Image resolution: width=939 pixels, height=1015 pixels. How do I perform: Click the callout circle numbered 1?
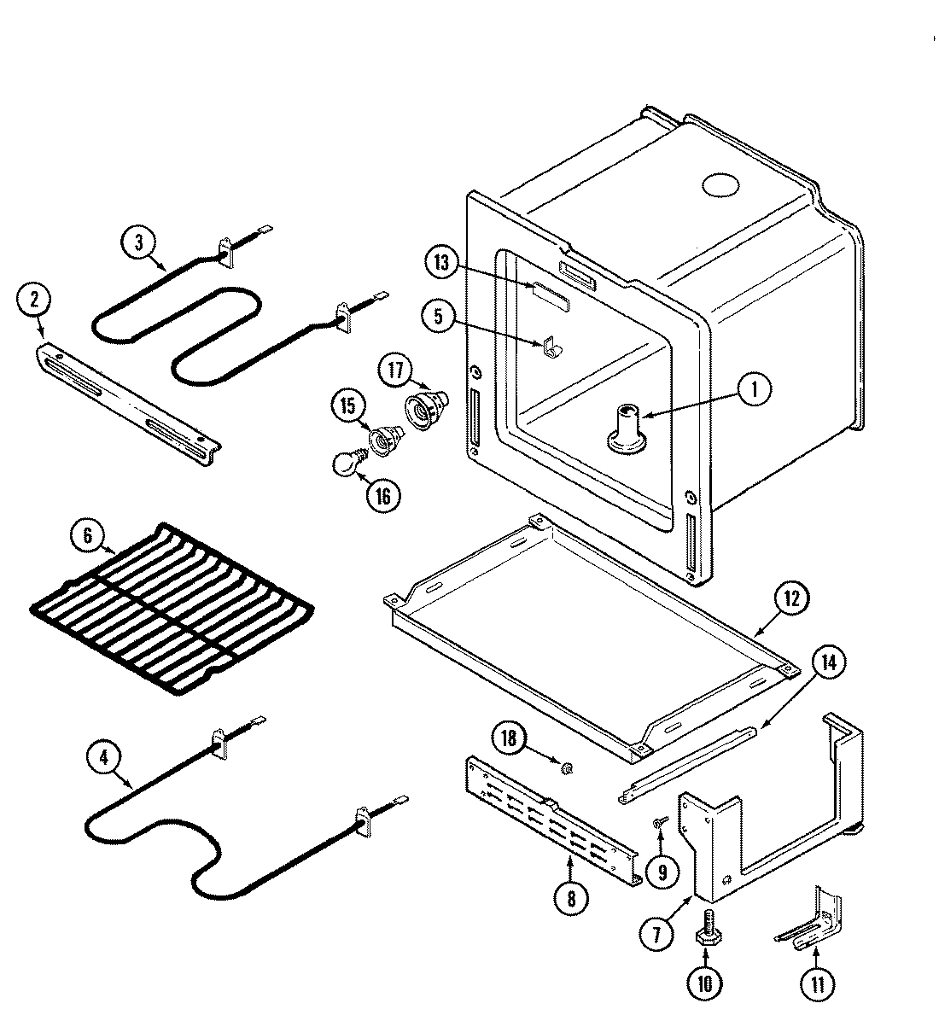click(754, 390)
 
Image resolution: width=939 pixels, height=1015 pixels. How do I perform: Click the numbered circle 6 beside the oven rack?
click(88, 538)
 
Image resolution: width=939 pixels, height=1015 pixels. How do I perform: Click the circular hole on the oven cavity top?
click(720, 184)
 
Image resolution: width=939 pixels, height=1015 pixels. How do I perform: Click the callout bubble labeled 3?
click(139, 242)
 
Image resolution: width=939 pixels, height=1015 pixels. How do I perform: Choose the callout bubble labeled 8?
click(570, 897)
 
